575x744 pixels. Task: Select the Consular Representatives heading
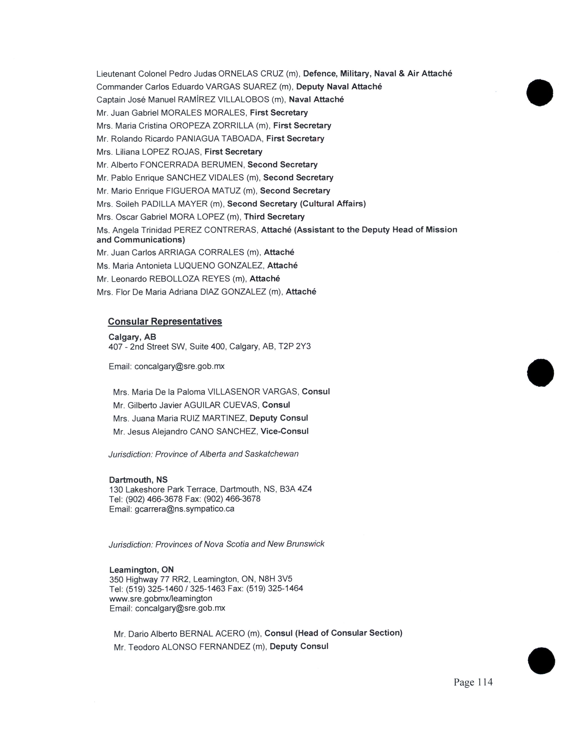(165, 321)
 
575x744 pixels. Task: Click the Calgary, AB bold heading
(132, 337)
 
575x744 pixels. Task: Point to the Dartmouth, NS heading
(138, 480)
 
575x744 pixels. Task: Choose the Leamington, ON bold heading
(141, 569)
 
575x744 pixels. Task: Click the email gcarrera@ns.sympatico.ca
(184, 509)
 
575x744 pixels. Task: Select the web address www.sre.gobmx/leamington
(161, 598)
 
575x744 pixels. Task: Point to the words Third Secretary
(274, 217)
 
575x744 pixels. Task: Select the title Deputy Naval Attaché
(339, 87)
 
